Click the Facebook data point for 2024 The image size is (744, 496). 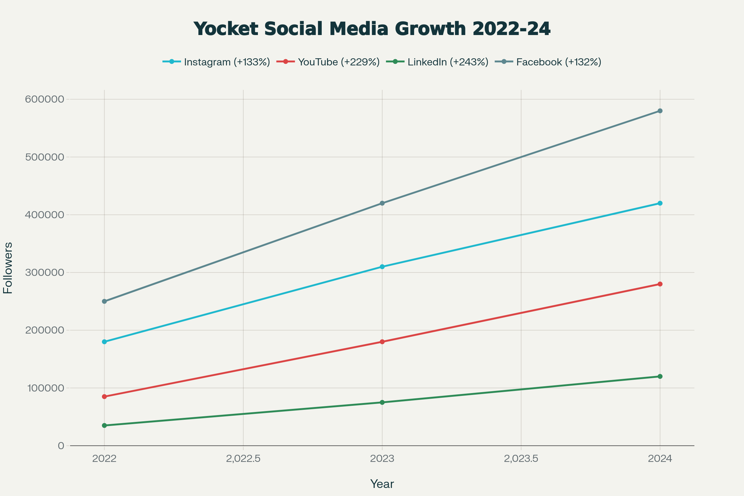(x=660, y=111)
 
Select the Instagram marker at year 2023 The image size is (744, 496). (x=382, y=267)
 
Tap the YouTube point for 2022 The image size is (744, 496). (x=104, y=396)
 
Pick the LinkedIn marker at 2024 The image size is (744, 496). (x=660, y=376)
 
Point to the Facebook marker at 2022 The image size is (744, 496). (x=104, y=301)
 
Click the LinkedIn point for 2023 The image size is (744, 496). (x=382, y=402)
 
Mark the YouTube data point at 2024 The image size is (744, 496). (x=660, y=284)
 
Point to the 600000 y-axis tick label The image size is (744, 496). (x=45, y=99)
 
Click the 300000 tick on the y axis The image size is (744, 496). (x=45, y=272)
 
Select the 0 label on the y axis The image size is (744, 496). (x=61, y=446)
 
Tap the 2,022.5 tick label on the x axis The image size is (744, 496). (x=243, y=459)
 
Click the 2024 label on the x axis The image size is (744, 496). (x=660, y=459)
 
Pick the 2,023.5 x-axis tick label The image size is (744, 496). (x=521, y=459)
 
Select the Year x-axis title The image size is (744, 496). (x=382, y=484)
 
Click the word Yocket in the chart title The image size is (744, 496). (x=226, y=29)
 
